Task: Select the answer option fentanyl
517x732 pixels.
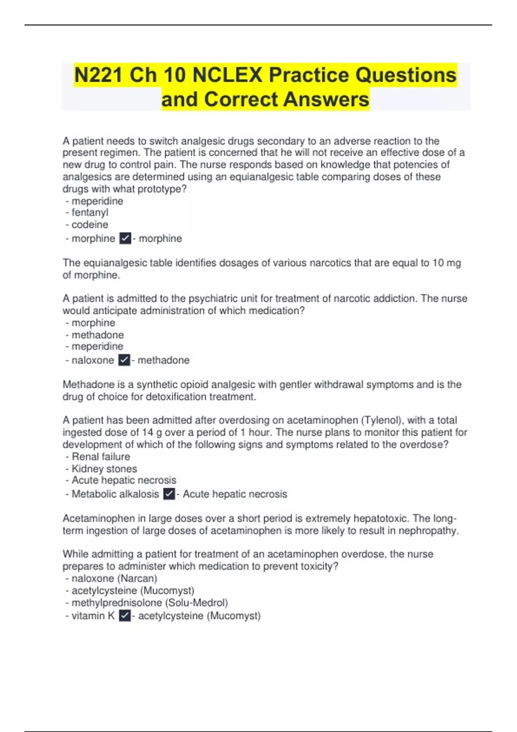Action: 90,212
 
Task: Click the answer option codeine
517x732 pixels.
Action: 90,224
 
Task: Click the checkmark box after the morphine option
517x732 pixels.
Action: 125,238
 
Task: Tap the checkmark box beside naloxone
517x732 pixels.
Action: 124,360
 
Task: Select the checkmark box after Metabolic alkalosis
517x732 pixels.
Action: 169,494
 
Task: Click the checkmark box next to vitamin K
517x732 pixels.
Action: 125,616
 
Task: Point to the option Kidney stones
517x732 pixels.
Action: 104,468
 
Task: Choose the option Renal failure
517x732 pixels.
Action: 101,456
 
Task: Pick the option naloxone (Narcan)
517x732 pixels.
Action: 114,578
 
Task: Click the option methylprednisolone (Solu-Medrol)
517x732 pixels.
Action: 149,602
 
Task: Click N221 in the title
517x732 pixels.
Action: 99,75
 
